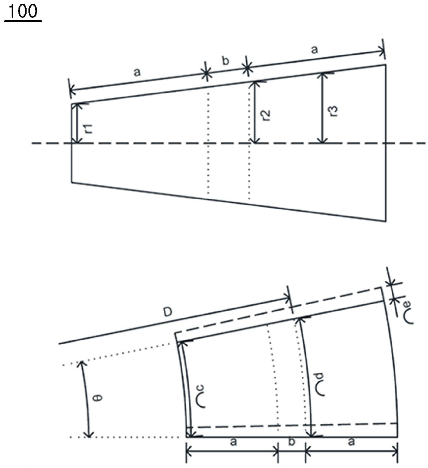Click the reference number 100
point(23,11)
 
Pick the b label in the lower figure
point(292,441)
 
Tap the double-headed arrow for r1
point(77,123)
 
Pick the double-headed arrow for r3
point(323,108)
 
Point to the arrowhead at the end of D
point(287,298)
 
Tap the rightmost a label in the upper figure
point(314,50)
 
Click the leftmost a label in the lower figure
point(234,442)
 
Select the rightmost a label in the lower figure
point(351,442)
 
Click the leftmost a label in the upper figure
point(137,72)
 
